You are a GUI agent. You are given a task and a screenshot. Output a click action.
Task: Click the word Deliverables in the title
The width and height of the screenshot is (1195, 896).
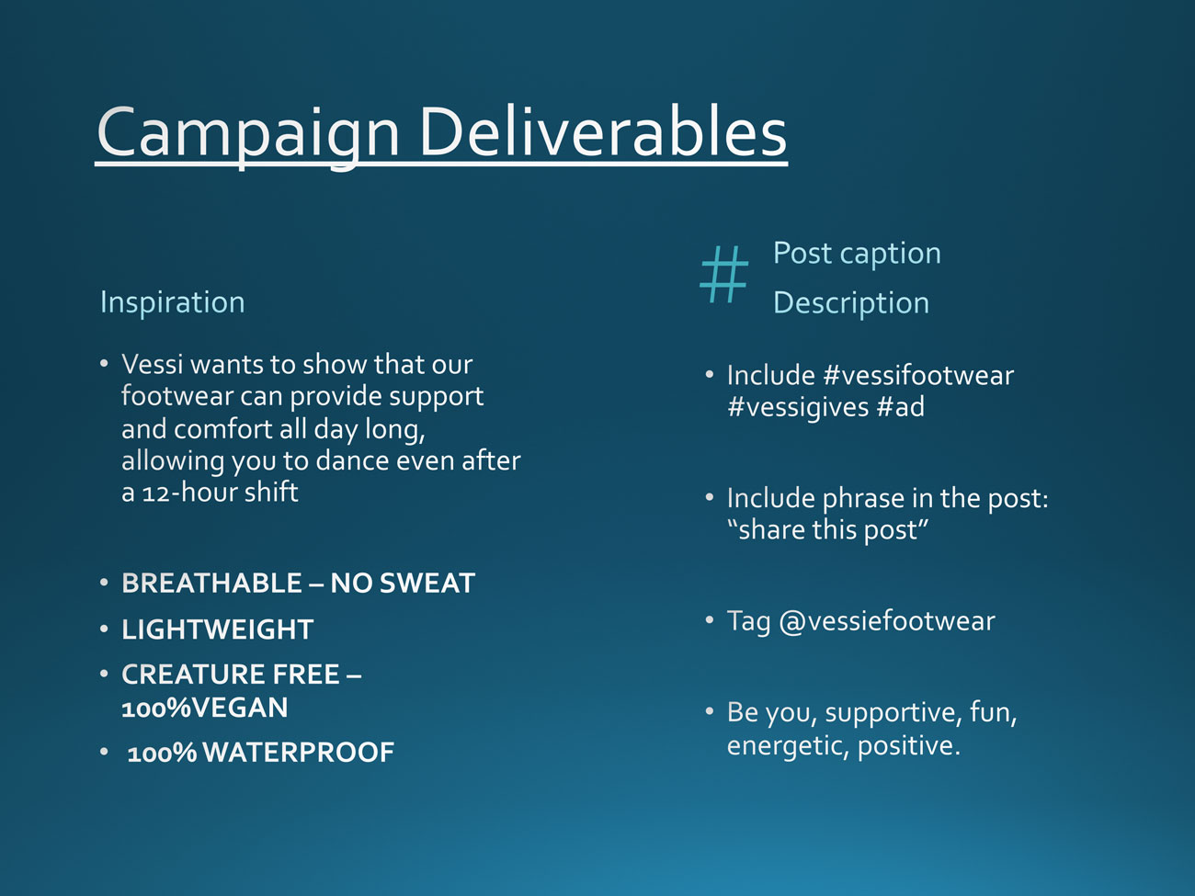(603, 131)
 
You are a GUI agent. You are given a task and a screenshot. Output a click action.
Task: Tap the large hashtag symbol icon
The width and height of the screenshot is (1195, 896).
(724, 274)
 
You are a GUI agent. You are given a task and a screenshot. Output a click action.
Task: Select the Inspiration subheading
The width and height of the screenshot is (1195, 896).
(173, 302)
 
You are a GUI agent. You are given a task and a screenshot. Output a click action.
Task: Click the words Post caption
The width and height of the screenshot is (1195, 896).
(857, 254)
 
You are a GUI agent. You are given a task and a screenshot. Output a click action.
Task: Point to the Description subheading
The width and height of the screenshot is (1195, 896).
(851, 303)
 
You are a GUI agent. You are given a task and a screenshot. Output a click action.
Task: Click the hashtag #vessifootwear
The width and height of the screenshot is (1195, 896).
(918, 375)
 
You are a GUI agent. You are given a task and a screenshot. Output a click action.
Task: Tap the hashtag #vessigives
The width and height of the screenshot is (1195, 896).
(798, 407)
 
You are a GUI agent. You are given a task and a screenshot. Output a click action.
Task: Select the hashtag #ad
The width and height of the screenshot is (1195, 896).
(901, 406)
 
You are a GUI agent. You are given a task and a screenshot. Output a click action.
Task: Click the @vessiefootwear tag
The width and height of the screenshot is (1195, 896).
(887, 620)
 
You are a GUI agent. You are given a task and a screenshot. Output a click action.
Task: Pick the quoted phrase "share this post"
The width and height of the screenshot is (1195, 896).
(827, 530)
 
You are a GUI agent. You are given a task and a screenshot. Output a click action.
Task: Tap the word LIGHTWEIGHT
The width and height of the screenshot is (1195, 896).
(217, 629)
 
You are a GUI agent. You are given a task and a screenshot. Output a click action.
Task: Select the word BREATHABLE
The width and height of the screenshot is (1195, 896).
(211, 584)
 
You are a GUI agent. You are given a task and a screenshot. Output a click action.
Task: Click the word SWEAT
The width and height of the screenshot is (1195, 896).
(427, 584)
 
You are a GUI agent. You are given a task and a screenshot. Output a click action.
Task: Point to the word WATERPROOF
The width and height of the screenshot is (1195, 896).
(299, 753)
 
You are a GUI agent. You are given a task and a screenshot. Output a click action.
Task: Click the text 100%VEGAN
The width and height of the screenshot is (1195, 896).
(205, 708)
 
